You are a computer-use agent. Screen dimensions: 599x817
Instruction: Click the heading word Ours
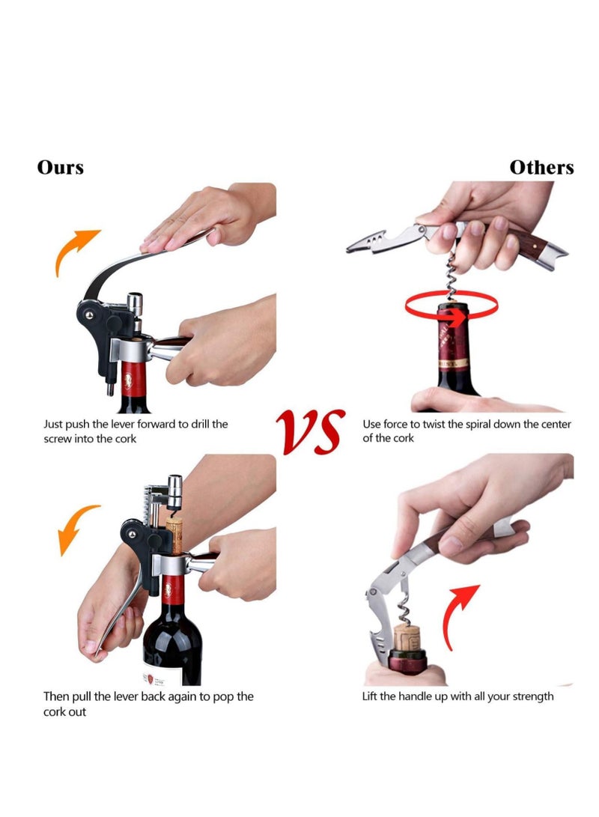[x=61, y=167]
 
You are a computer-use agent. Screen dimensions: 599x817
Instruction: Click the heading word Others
[x=541, y=167]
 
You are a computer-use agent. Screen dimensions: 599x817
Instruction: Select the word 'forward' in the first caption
[x=156, y=424]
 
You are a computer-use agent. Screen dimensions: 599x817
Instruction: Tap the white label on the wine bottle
[x=162, y=678]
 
